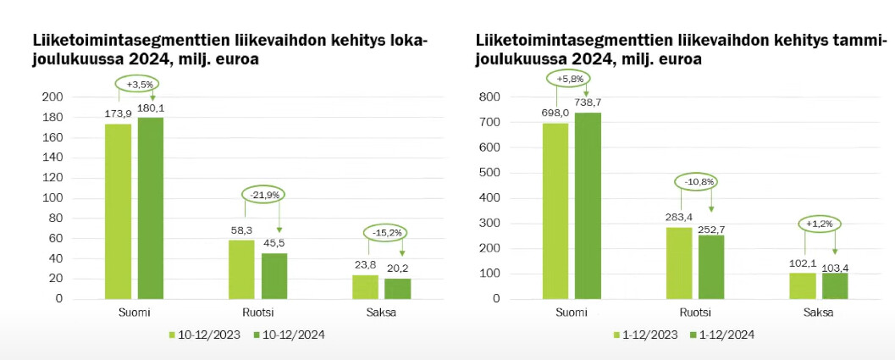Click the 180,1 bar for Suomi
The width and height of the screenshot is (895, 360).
coord(151,208)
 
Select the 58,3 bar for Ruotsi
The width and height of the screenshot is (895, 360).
coord(242,269)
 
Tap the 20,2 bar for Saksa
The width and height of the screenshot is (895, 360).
coord(398,288)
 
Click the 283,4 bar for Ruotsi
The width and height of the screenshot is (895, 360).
coord(679,263)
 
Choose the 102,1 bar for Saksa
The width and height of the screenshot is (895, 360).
coord(802,285)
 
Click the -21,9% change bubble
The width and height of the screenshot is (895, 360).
coord(262,194)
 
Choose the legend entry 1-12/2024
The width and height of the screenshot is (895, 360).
coord(721,335)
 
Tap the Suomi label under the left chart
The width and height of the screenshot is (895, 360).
coord(135,313)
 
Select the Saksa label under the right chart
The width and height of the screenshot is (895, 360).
coord(818,313)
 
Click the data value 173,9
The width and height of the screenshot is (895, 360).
coord(118,114)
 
